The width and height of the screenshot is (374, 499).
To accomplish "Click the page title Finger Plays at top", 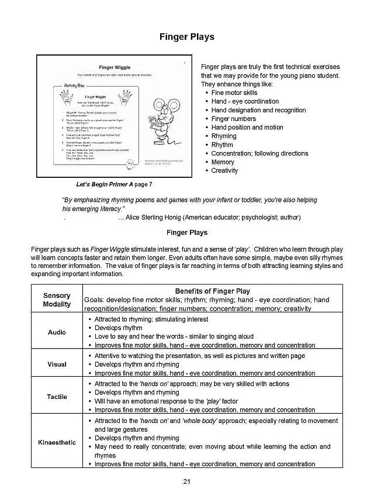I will click(x=187, y=37).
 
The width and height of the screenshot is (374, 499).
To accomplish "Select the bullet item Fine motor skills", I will click(x=234, y=92).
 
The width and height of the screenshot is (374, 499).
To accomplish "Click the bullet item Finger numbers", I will click(x=233, y=119).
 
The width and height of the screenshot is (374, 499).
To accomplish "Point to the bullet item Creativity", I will click(x=224, y=171).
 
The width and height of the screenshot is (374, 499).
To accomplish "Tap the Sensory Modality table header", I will click(x=57, y=300).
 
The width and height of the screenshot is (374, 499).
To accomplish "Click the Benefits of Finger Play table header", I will click(x=212, y=291).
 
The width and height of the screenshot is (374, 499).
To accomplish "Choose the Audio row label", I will click(x=57, y=332).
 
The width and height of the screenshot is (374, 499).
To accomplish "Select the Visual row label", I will click(x=57, y=364).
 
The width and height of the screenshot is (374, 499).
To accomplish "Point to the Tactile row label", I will click(x=57, y=397).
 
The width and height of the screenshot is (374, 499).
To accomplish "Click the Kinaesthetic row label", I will click(x=57, y=442).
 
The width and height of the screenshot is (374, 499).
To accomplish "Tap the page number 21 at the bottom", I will click(x=187, y=481).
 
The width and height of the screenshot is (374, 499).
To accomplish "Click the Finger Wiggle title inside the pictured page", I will click(x=115, y=68).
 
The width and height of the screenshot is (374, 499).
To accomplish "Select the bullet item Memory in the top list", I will click(x=223, y=162).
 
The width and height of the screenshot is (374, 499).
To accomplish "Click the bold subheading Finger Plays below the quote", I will click(x=187, y=232).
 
